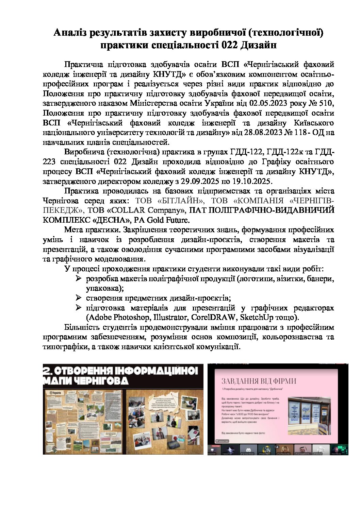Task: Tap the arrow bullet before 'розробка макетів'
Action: point(79,279)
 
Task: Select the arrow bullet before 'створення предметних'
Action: point(79,298)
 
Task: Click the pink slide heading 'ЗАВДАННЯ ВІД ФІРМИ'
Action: point(259,381)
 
